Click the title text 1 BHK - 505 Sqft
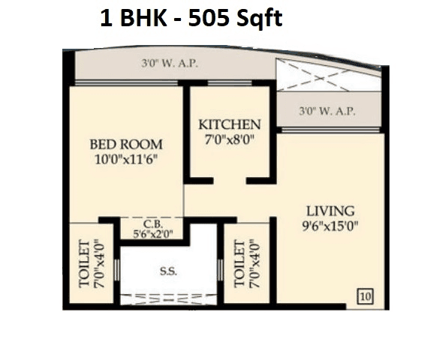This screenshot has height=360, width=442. tap(191, 18)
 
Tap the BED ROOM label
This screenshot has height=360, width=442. tap(126, 144)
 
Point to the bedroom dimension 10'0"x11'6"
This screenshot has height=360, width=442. tap(126, 159)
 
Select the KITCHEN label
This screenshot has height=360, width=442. tap(230, 124)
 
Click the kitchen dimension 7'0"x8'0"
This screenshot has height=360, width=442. tap(230, 139)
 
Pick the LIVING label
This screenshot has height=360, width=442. tap(330, 211)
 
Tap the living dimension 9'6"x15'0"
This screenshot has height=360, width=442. tap(330, 225)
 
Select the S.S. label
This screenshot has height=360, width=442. tap(167, 272)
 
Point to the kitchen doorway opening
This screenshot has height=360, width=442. tap(229, 180)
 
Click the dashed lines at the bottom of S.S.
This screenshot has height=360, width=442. tap(167, 298)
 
